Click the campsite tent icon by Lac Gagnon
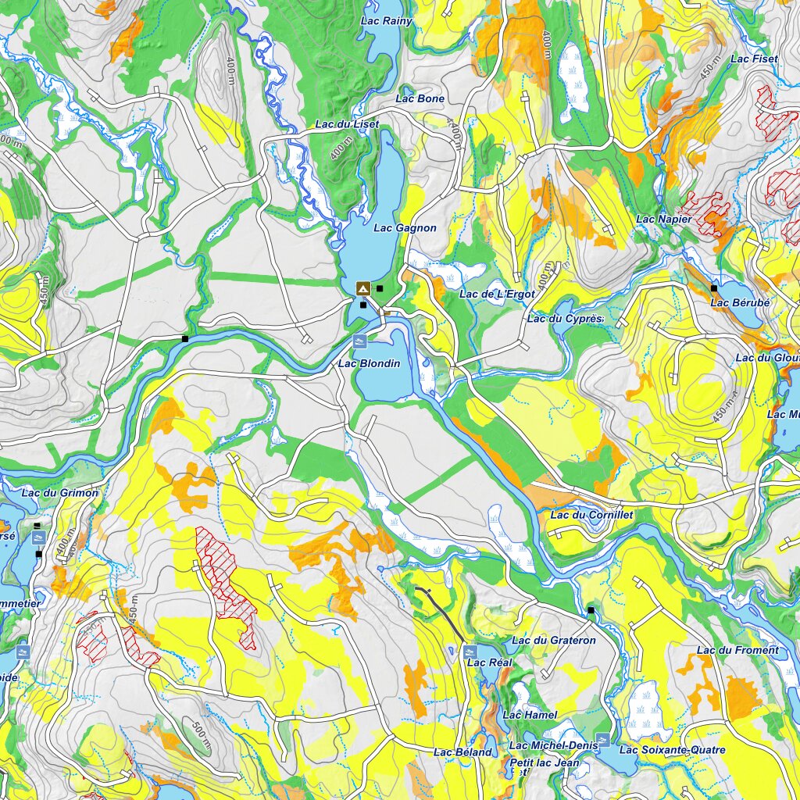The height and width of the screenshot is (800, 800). [x=362, y=288]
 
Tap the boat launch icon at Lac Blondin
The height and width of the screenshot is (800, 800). [x=360, y=341]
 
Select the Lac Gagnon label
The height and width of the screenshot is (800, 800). [x=405, y=228]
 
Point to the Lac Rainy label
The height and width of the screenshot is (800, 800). [x=387, y=21]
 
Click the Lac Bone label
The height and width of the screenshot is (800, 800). [x=420, y=98]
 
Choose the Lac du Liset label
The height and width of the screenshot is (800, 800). [x=347, y=124]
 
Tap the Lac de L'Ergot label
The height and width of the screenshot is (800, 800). [x=497, y=294]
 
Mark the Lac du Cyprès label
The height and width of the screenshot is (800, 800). [x=565, y=319]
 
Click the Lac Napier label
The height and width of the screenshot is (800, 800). [x=663, y=220]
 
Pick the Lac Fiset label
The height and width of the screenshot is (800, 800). [x=754, y=59]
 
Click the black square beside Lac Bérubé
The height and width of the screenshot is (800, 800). [x=713, y=288]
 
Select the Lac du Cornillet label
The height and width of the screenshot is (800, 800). [x=591, y=515]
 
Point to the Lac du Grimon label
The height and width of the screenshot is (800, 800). [x=60, y=493]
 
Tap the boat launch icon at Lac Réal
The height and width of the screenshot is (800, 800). [x=470, y=650]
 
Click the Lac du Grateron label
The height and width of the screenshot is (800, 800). [x=553, y=641]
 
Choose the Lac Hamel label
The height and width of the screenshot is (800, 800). [x=530, y=715]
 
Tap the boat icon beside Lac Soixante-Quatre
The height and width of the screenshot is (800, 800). [x=602, y=738]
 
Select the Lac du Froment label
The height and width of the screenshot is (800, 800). [x=737, y=650]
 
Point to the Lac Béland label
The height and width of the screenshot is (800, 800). [x=462, y=752]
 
